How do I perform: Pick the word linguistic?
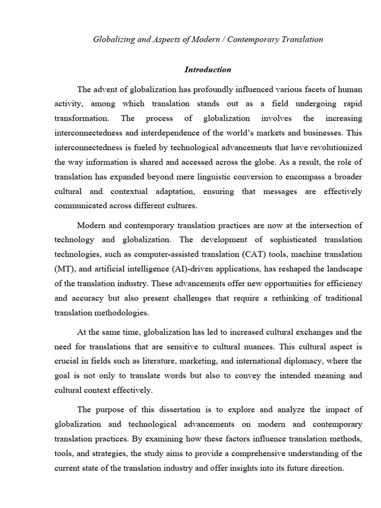coord(204,177)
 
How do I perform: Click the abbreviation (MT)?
coord(64,268)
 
